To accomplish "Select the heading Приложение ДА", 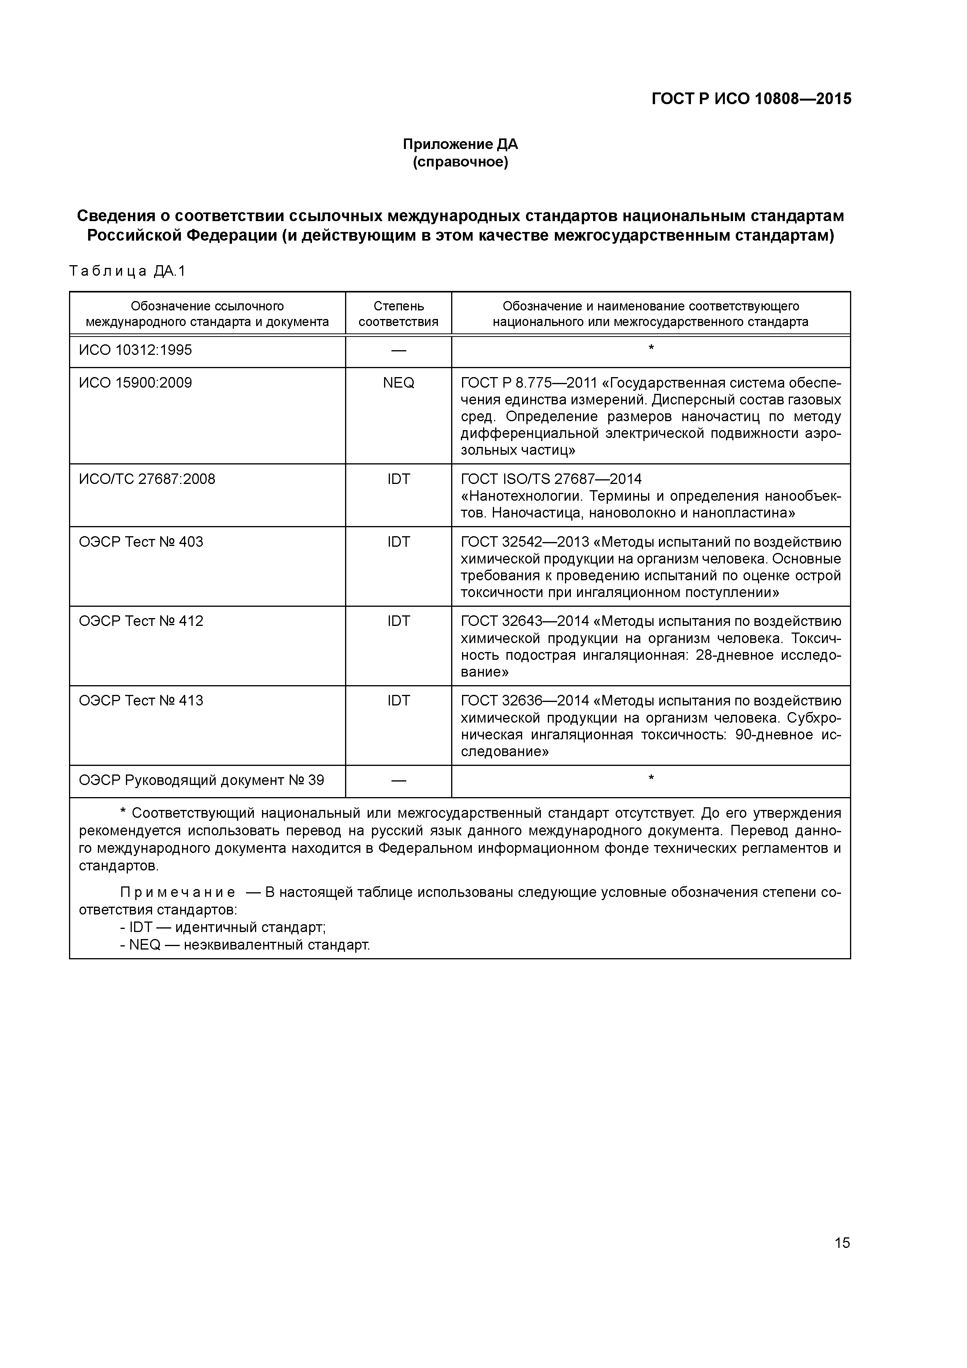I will click(x=460, y=144).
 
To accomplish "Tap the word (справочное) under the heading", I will click(x=460, y=162).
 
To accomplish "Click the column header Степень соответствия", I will click(x=398, y=314).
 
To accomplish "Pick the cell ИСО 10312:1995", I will click(x=135, y=350).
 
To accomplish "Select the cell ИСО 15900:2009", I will click(x=135, y=383).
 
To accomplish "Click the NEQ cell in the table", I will click(x=398, y=383).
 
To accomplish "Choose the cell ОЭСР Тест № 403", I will click(x=141, y=542).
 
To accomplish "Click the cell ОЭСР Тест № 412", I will click(x=141, y=622).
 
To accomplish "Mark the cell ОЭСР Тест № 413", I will click(x=141, y=701).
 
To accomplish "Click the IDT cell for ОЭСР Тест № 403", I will click(x=398, y=542).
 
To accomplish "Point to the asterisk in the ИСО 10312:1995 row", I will click(x=651, y=348).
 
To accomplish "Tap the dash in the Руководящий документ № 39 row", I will click(x=398, y=781).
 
